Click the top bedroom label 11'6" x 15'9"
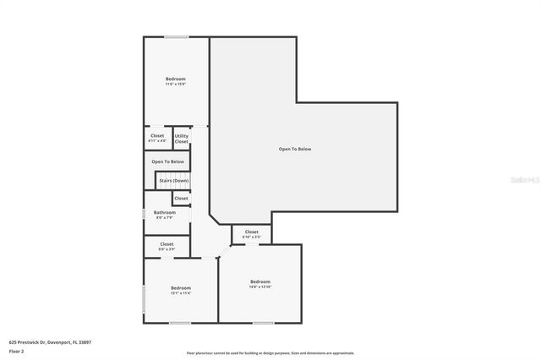click(175, 81)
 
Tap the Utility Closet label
click(182, 138)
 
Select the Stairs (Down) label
click(173, 180)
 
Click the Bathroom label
click(165, 215)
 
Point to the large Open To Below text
click(295, 149)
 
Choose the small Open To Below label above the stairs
click(167, 161)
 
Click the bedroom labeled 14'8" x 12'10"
click(260, 284)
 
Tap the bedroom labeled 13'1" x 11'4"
click(181, 291)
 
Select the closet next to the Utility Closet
click(157, 138)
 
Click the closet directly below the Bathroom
click(167, 246)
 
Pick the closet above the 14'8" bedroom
click(252, 234)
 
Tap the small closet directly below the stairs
click(181, 198)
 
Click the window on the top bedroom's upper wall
click(176, 36)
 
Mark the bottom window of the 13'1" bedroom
click(180, 322)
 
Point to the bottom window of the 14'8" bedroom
click(264, 322)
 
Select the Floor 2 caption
click(17, 350)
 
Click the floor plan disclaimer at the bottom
click(270, 353)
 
